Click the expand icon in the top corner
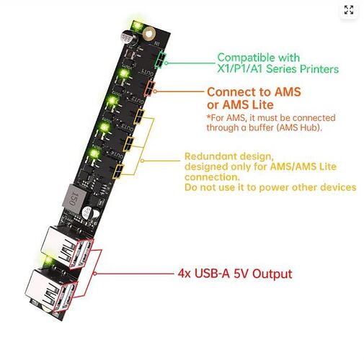(x=349, y=10)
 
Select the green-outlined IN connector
(x=160, y=60)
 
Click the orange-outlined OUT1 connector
(x=149, y=89)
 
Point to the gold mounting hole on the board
(x=148, y=34)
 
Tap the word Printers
(x=319, y=69)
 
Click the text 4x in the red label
(x=184, y=274)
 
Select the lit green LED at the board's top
(x=137, y=26)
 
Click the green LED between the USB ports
(x=48, y=261)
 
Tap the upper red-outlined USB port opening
(x=81, y=253)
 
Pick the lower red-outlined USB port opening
(x=65, y=297)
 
